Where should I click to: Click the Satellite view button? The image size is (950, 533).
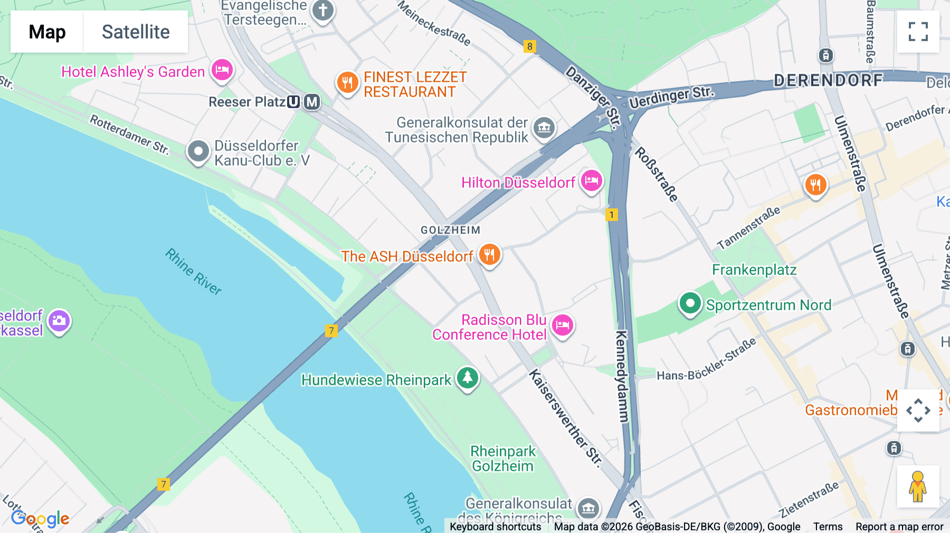pyautogui.click(x=136, y=32)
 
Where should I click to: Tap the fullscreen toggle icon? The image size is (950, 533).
pyautogui.click(x=918, y=32)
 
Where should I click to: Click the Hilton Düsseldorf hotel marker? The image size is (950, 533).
pyautogui.click(x=591, y=181)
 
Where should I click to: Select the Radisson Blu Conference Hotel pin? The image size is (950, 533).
pyautogui.click(x=562, y=325)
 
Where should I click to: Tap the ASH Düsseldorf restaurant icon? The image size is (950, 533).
pyautogui.click(x=489, y=255)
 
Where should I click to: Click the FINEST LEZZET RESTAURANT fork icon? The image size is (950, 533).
pyautogui.click(x=347, y=83)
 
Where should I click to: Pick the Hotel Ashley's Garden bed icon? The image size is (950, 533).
pyautogui.click(x=222, y=70)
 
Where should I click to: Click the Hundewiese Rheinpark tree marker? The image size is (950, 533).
pyautogui.click(x=467, y=378)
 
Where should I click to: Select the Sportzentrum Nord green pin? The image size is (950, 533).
pyautogui.click(x=690, y=303)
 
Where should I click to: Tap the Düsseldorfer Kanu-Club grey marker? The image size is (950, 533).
pyautogui.click(x=198, y=151)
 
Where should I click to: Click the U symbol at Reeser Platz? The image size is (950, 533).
pyautogui.click(x=293, y=102)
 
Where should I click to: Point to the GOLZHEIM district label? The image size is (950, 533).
pyautogui.click(x=450, y=230)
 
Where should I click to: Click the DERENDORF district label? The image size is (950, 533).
pyautogui.click(x=828, y=80)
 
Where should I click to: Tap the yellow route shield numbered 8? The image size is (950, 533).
pyautogui.click(x=529, y=46)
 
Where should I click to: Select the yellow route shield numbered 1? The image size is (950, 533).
pyautogui.click(x=611, y=215)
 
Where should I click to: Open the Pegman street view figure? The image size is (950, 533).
pyautogui.click(x=918, y=487)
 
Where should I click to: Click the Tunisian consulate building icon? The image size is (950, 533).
pyautogui.click(x=544, y=127)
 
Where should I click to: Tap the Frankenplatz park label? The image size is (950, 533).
pyautogui.click(x=754, y=270)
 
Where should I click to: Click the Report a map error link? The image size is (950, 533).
pyautogui.click(x=899, y=527)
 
